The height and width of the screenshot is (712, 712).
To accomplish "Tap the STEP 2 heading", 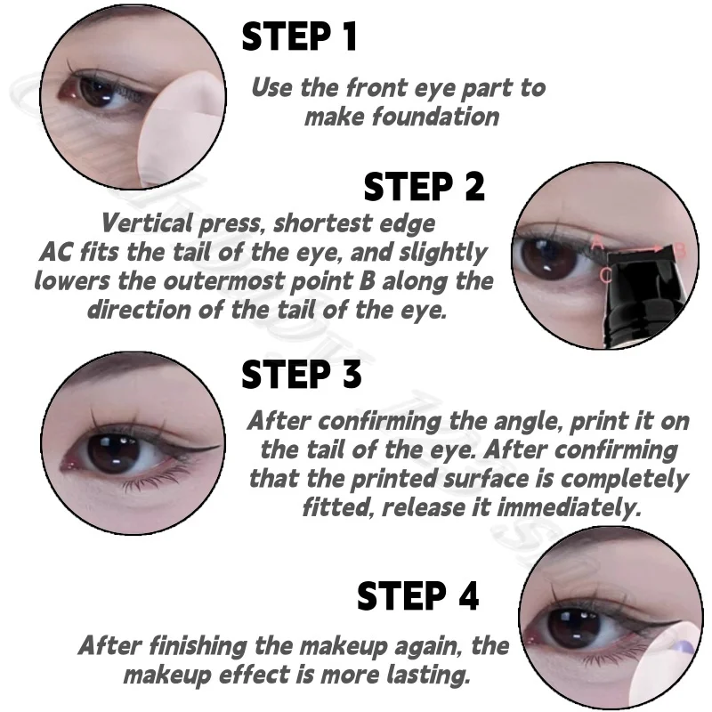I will (424, 188).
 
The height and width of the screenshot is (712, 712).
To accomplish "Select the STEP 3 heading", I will (302, 375).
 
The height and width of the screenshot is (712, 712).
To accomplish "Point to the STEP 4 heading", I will (417, 595).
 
